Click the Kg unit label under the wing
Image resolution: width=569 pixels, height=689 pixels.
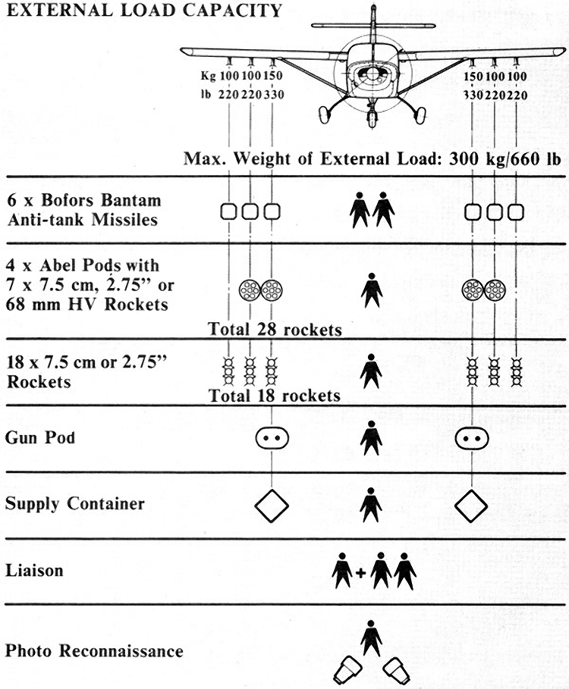pyautogui.click(x=208, y=76)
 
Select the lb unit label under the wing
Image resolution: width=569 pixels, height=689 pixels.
pyautogui.click(x=206, y=94)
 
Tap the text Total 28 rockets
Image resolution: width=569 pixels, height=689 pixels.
pyautogui.click(x=275, y=329)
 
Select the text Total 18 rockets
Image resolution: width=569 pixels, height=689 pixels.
pyautogui.click(x=275, y=396)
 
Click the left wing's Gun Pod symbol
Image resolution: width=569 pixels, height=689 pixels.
pyautogui.click(x=272, y=438)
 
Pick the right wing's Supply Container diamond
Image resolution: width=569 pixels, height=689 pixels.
pyautogui.click(x=471, y=506)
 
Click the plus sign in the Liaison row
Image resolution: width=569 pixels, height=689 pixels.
pyautogui.click(x=360, y=573)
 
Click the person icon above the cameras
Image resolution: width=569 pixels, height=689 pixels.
pyautogui.click(x=371, y=638)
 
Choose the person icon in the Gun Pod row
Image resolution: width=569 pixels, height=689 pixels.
pyautogui.click(x=371, y=437)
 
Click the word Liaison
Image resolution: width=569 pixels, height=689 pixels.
pyautogui.click(x=34, y=570)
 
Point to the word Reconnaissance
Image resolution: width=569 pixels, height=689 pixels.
pyautogui.click(x=121, y=650)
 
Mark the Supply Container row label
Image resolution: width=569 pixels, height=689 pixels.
pyautogui.click(x=75, y=503)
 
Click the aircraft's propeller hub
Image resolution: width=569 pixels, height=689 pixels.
pyautogui.click(x=373, y=74)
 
